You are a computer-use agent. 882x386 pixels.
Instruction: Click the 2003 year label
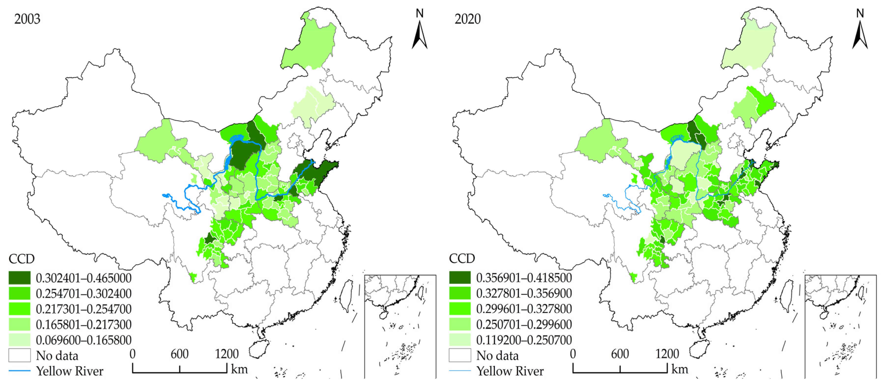click(27, 19)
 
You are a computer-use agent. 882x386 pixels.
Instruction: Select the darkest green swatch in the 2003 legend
click(19, 278)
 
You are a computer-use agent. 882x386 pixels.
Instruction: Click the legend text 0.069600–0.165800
click(84, 340)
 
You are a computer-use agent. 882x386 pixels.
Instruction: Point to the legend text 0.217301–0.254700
click(84, 309)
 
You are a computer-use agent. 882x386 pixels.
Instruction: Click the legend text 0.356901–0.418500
click(524, 278)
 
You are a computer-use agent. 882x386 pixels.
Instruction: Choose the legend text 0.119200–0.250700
click(524, 340)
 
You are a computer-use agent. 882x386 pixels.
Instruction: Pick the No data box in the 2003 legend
click(19, 355)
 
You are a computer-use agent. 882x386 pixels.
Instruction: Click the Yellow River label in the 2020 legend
click(510, 371)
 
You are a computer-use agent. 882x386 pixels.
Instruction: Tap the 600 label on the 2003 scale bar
click(179, 354)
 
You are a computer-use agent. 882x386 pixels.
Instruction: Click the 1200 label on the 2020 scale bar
click(667, 354)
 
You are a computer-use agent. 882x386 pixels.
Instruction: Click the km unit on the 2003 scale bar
click(239, 369)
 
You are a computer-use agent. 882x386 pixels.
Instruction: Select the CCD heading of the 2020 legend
click(462, 258)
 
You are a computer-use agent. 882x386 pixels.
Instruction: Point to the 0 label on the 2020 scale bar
click(573, 354)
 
